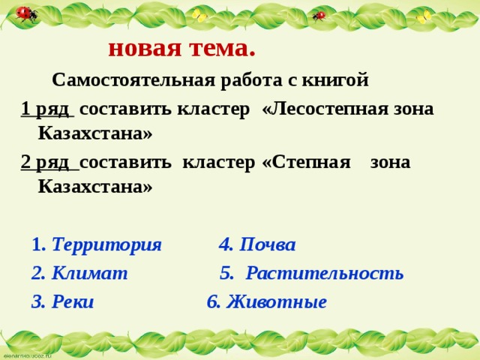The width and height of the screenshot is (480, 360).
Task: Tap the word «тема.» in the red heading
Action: pyautogui.click(x=219, y=48)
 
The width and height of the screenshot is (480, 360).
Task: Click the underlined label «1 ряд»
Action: pyautogui.click(x=46, y=109)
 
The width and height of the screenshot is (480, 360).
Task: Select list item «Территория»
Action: pyautogui.click(x=106, y=244)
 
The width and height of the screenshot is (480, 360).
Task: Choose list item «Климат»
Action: pyautogui.click(x=89, y=273)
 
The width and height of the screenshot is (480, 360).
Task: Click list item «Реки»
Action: pyautogui.click(x=73, y=301)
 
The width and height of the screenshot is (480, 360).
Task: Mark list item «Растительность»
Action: pyautogui.click(x=325, y=273)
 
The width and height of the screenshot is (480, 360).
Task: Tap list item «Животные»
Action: pyautogui.click(x=276, y=301)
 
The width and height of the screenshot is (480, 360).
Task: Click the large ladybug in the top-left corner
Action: pyautogui.click(x=26, y=14)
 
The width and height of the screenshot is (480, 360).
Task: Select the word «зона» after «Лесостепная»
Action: pyautogui.click(x=411, y=109)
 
